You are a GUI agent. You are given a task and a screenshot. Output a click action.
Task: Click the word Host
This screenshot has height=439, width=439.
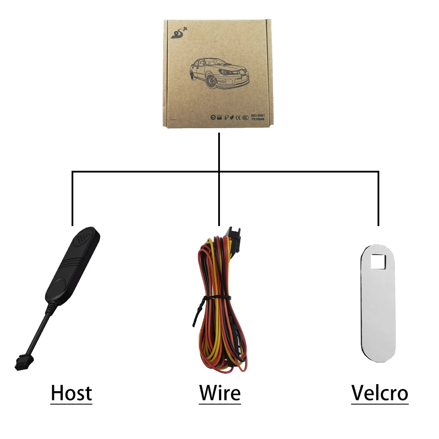71,393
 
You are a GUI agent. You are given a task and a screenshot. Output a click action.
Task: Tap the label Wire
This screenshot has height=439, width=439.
219,393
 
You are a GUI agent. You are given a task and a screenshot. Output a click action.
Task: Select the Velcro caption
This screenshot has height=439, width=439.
379,393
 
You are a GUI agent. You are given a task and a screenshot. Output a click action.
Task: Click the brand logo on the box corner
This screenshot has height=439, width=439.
177,32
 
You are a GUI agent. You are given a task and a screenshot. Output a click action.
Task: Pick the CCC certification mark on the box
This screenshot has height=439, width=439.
245,118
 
